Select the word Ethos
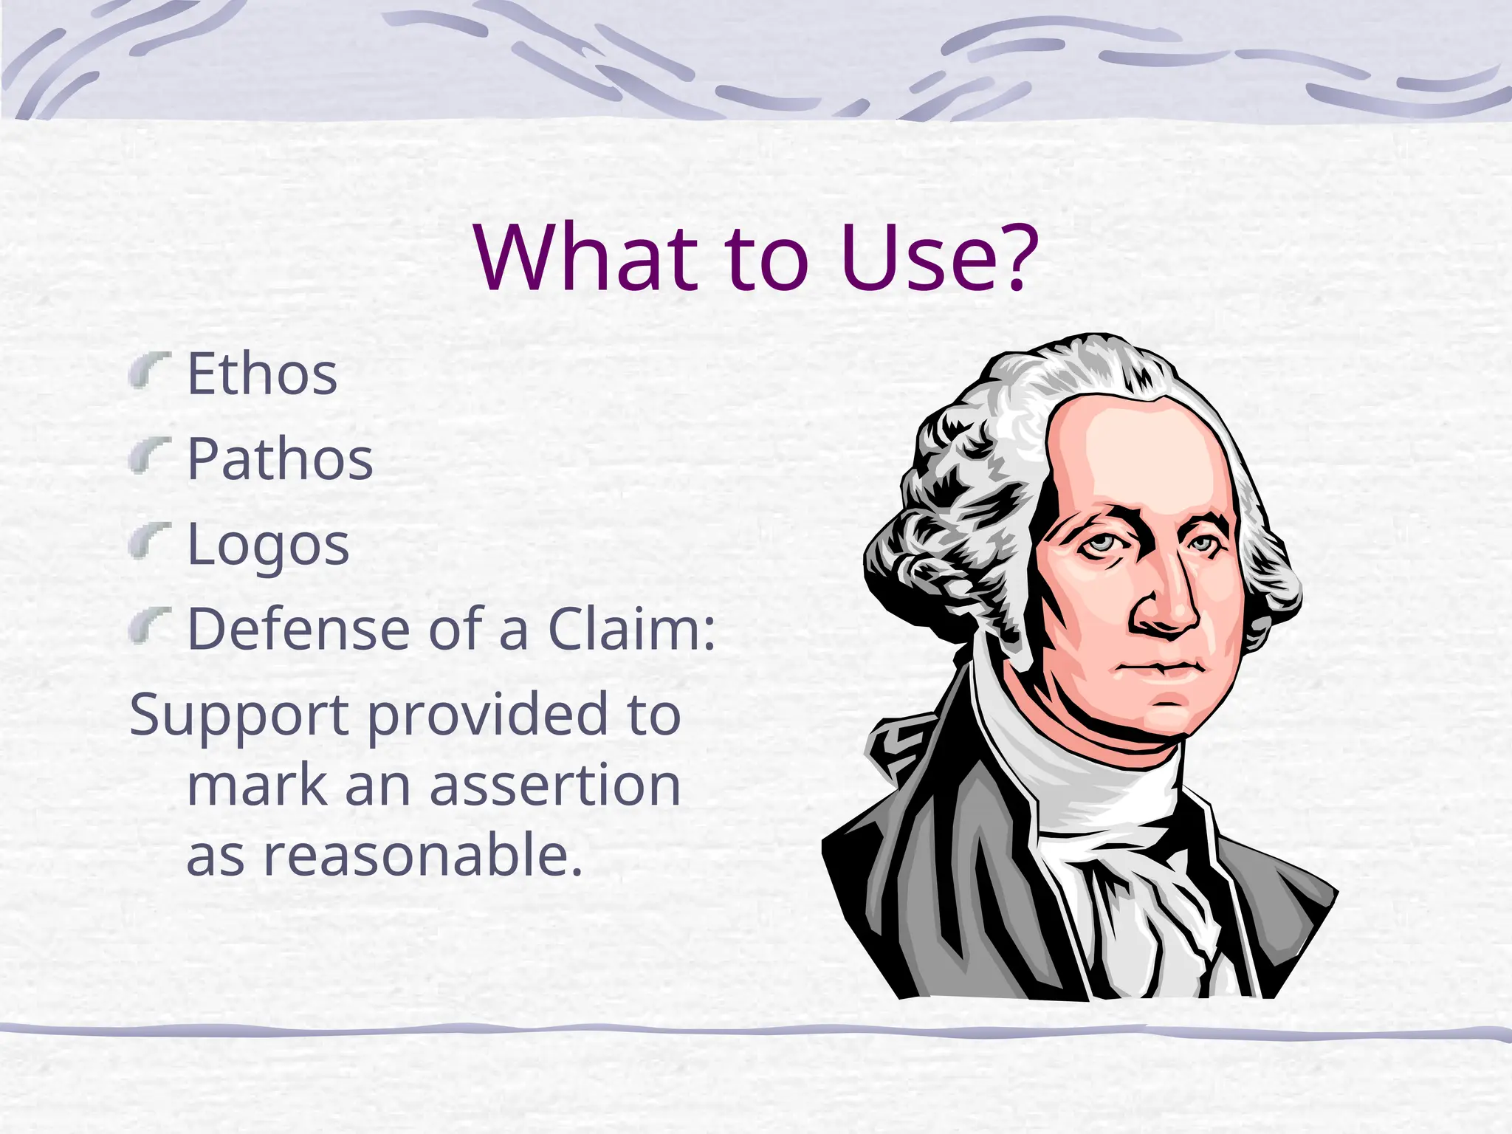(x=262, y=374)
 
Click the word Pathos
(x=280, y=459)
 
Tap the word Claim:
(x=632, y=629)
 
